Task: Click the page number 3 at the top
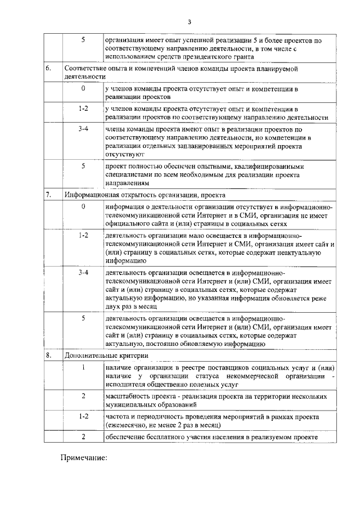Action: click(x=190, y=22)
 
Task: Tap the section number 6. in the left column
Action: click(x=49, y=68)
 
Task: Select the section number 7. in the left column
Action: click(x=49, y=195)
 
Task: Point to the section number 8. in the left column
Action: click(x=49, y=355)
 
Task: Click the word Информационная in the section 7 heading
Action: click(x=91, y=195)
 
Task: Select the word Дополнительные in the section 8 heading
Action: click(x=91, y=355)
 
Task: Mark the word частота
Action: click(x=118, y=417)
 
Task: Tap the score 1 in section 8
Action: click(x=83, y=368)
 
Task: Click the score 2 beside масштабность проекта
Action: click(x=83, y=396)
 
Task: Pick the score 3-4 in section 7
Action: click(x=83, y=272)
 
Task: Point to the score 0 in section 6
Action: click(x=83, y=89)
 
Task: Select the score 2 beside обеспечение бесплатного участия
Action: click(x=83, y=438)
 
